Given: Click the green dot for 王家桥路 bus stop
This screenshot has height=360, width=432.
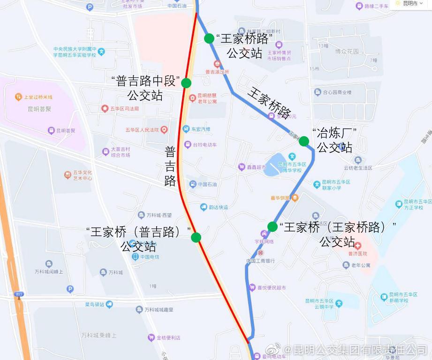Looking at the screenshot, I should click(209, 38).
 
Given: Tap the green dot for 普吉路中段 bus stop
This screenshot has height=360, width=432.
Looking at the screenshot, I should click(186, 83).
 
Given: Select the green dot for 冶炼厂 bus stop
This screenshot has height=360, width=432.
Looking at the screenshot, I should click(304, 141).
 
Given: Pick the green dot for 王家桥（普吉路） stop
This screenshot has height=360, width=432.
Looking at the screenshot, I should click(196, 237).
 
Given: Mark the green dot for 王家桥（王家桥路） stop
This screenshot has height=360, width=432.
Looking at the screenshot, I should click(272, 227).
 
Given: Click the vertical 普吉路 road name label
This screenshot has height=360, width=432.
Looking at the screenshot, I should click(170, 166).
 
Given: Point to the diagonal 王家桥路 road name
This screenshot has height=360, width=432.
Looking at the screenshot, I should click(269, 103).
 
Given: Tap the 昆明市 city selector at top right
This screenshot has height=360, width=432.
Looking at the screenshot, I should click(410, 4).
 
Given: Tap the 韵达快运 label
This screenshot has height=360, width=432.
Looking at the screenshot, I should click(218, 207).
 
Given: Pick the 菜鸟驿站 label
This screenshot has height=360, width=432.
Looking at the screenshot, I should click(96, 304).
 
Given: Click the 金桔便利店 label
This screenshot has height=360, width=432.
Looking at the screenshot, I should click(168, 337).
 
